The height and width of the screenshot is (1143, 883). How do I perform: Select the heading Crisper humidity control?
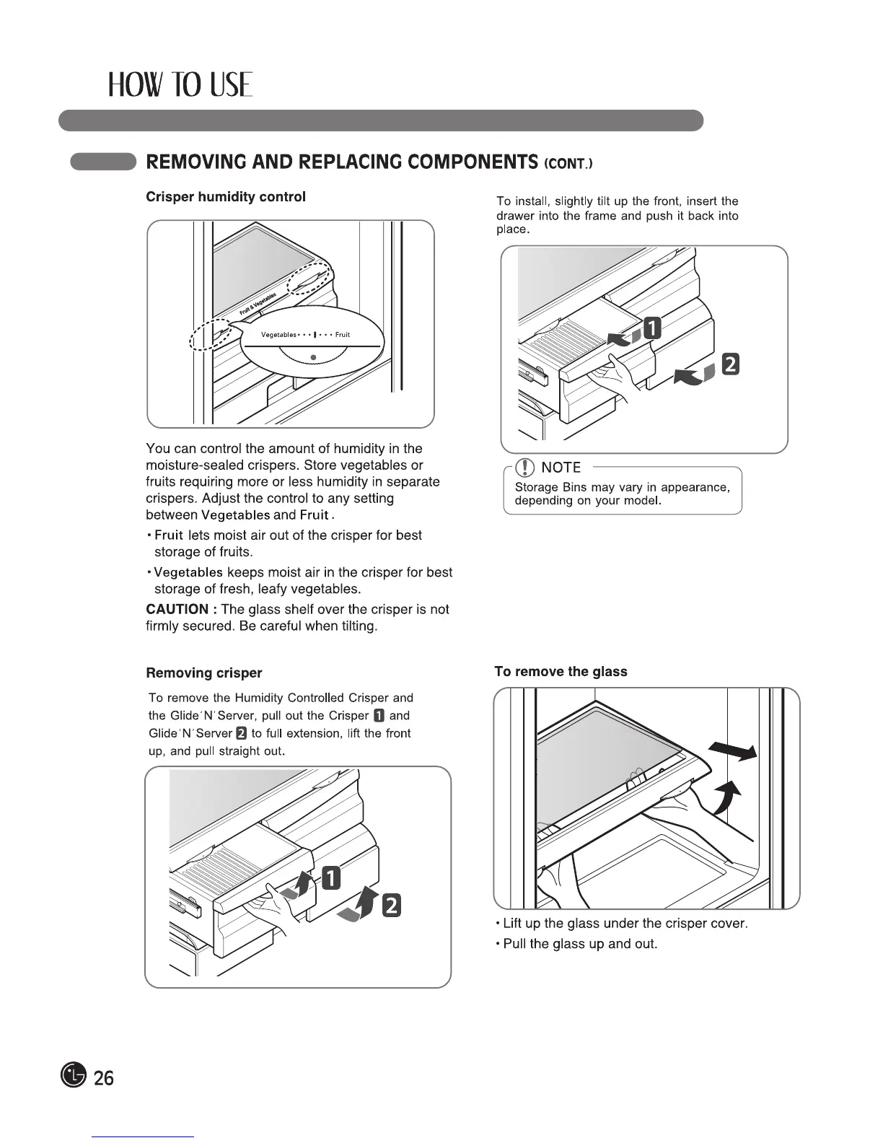(225, 196)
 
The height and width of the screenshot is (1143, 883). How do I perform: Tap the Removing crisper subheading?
(203, 673)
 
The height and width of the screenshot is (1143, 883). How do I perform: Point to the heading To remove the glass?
(561, 671)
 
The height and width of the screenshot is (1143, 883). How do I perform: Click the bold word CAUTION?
(177, 609)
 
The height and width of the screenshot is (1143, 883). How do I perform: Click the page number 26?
(104, 1078)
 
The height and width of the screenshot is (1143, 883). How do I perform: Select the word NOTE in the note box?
(561, 468)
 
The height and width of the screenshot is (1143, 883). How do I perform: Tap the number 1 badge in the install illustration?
(651, 328)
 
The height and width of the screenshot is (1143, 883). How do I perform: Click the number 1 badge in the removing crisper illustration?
(330, 877)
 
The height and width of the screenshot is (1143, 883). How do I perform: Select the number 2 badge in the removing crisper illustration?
(390, 905)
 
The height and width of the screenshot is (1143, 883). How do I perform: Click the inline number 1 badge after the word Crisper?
(379, 716)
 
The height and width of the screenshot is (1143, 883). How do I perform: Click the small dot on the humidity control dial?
(312, 357)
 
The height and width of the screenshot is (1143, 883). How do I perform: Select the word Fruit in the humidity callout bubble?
(343, 335)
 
